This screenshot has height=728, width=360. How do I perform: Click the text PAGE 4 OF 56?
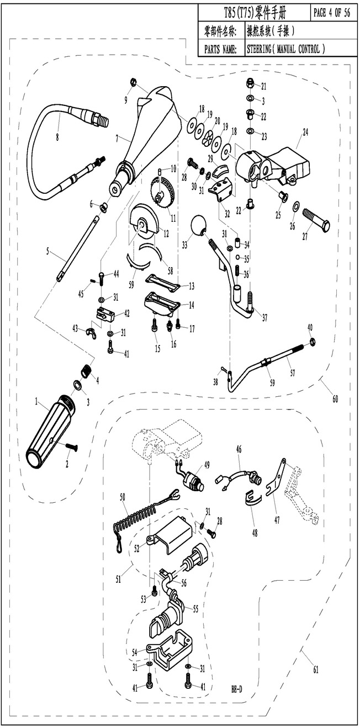[x=331, y=14]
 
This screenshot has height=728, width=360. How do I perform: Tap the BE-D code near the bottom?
[x=236, y=689]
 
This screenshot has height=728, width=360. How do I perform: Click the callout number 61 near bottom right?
[x=315, y=671]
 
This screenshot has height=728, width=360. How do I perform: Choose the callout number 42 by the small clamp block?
[x=126, y=313]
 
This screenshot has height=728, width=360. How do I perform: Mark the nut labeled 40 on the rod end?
[x=312, y=342]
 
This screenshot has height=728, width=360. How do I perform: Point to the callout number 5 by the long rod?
[x=48, y=251]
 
